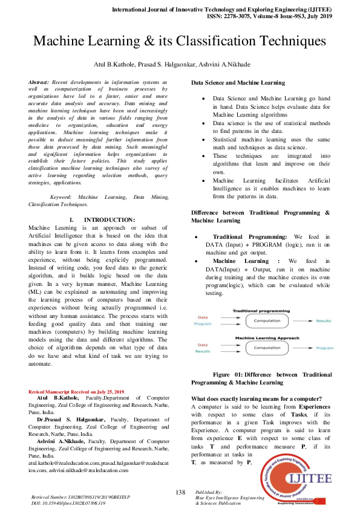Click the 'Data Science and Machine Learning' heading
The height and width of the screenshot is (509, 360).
(239, 82)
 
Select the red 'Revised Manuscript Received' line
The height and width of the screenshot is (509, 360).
(77, 392)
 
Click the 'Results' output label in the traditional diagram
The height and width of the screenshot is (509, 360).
(324, 320)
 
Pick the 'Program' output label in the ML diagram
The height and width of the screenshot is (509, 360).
(324, 348)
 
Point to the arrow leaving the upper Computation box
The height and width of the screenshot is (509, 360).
(300, 320)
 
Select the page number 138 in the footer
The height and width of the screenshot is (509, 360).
(180, 492)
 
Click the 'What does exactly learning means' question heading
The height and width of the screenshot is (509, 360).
(256, 398)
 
